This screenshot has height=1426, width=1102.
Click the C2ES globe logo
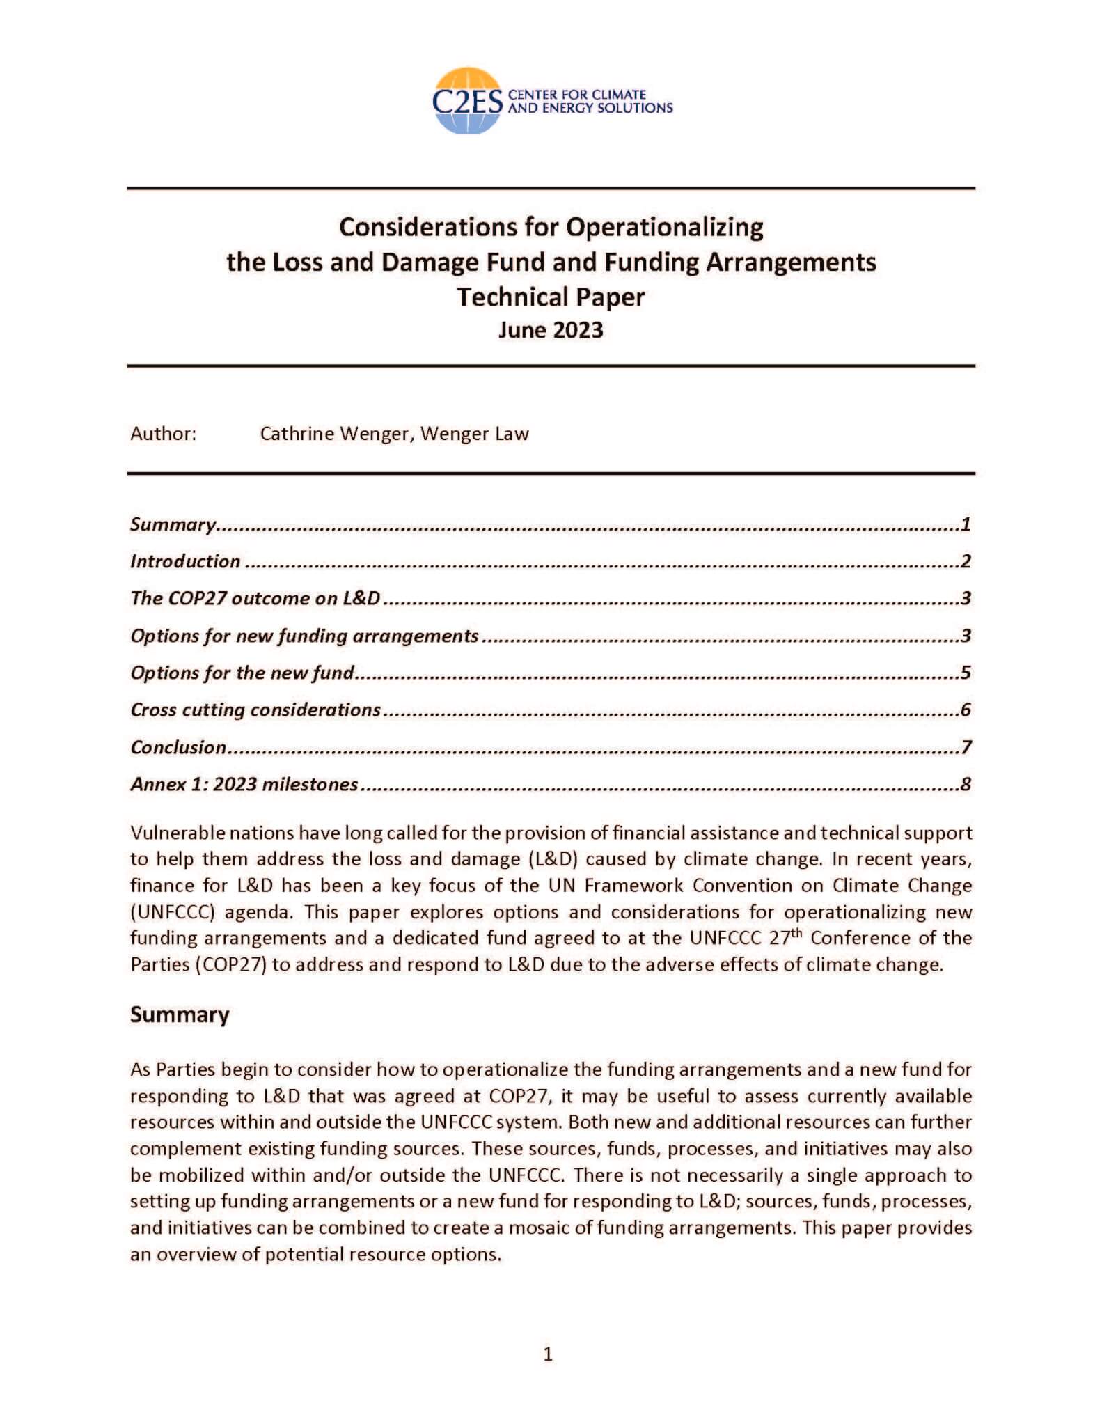coord(466,101)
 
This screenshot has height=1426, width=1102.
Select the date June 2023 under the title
coord(550,329)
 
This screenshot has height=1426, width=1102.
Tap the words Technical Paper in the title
coord(550,297)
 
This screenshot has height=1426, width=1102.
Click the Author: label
coord(164,434)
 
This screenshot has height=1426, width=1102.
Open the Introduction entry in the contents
coord(185,561)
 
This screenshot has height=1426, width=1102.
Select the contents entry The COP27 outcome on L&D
coord(255,598)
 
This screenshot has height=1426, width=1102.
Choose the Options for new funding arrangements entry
coord(304,636)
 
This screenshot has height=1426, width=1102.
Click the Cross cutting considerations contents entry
coord(255,710)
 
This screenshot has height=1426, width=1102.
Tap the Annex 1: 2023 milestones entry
coord(244,784)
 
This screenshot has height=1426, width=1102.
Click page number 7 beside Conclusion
coord(966,747)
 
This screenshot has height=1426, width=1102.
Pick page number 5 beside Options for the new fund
coord(966,673)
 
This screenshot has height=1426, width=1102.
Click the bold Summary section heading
coord(180,1014)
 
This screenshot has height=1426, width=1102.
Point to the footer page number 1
coord(548,1354)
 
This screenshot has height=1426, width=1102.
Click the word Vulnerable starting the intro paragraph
coord(178,833)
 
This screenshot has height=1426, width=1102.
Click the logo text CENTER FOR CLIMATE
coord(577,95)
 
